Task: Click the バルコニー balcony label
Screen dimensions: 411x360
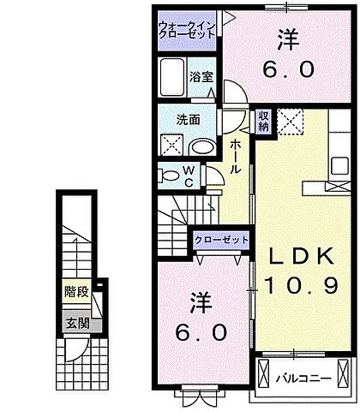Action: pyautogui.click(x=304, y=376)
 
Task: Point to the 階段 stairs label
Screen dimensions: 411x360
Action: pyautogui.click(x=75, y=291)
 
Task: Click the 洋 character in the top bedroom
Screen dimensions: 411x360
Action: pyautogui.click(x=288, y=39)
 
